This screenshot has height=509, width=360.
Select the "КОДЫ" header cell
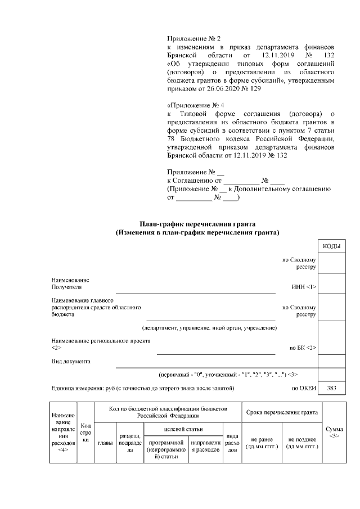(x=331, y=246)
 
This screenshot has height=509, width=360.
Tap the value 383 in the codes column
(x=331, y=388)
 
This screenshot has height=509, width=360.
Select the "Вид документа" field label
(x=71, y=361)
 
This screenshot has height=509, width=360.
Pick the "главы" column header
(x=105, y=443)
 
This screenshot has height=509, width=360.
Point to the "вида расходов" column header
(x=232, y=443)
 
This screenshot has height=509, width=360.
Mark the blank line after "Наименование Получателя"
(x=195, y=292)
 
